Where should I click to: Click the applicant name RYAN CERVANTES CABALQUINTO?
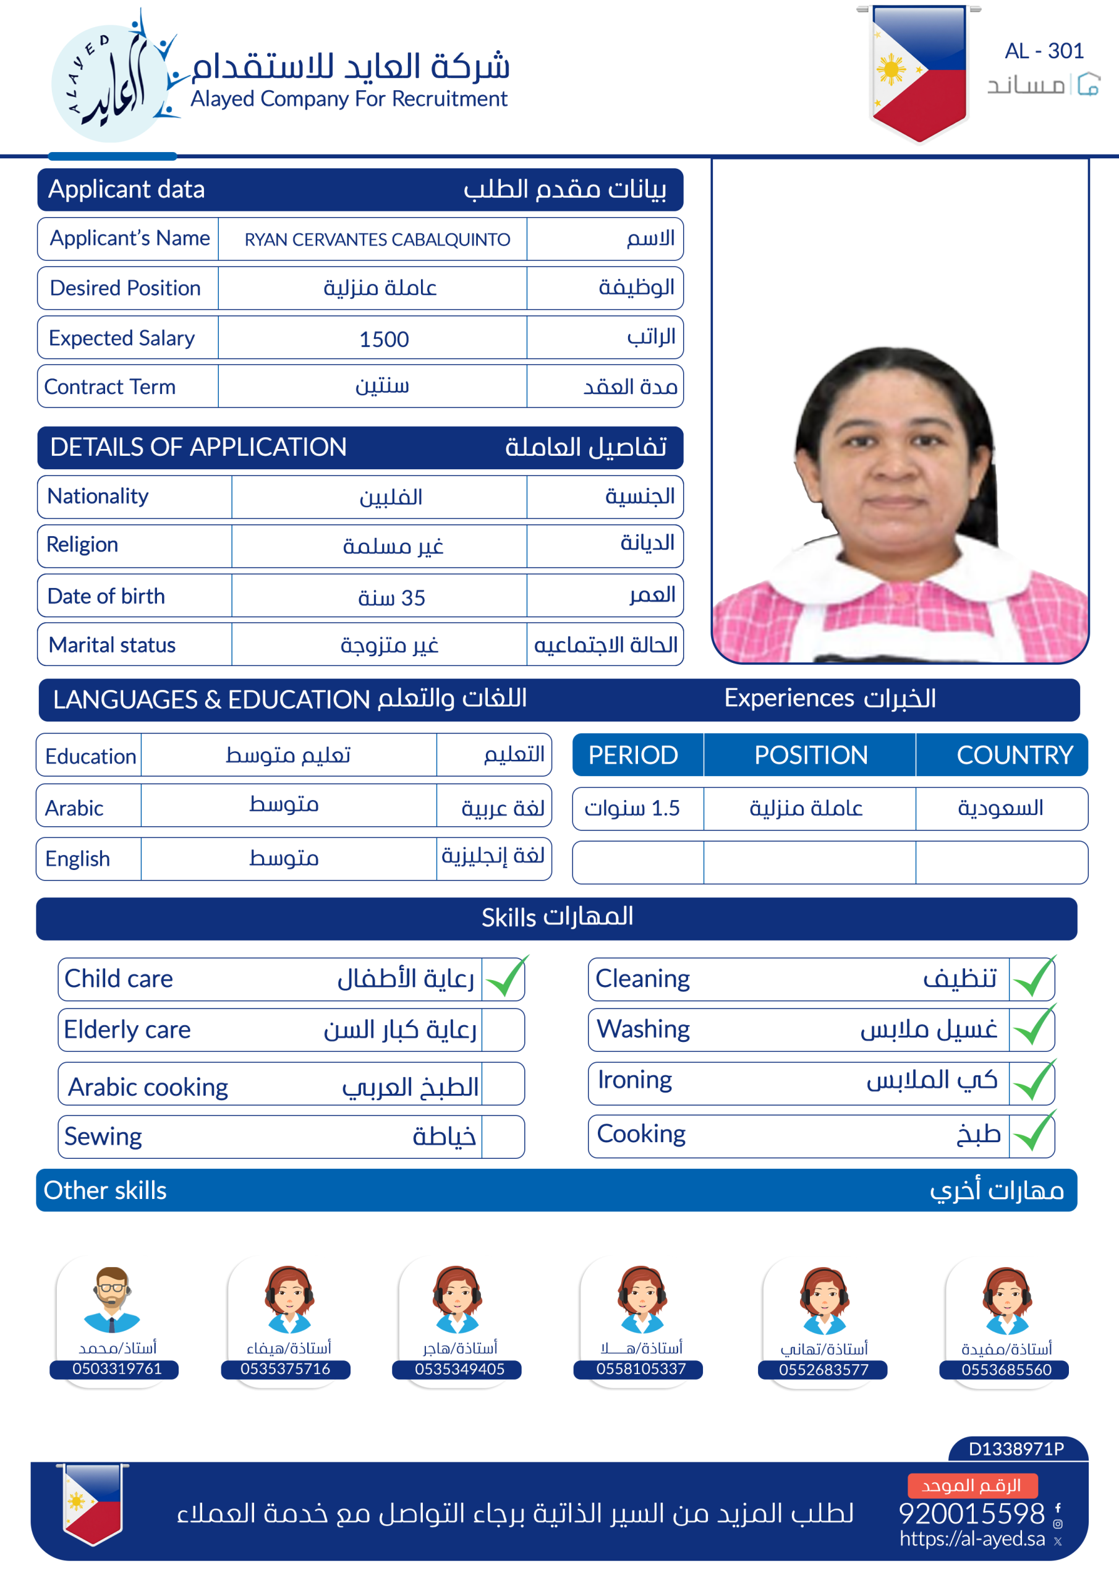tap(377, 239)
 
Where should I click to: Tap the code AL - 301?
tap(1043, 51)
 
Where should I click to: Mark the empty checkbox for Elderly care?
tap(503, 1030)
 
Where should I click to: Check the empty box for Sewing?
tap(503, 1137)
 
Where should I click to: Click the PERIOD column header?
tap(633, 755)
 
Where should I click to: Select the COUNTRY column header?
tap(1014, 755)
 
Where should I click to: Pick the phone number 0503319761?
tap(116, 1369)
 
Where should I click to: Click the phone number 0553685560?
tap(1006, 1370)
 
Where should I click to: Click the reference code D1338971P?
tap(1016, 1449)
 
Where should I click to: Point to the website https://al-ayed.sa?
tap(971, 1539)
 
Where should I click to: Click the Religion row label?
tap(83, 545)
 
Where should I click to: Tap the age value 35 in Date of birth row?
tap(391, 598)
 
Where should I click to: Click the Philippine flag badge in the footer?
tap(92, 1504)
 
